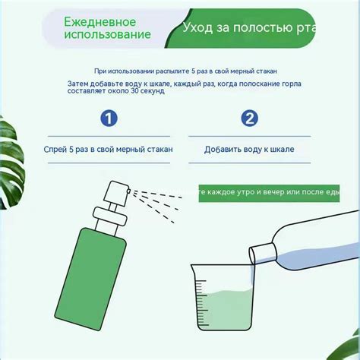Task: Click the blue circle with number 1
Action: (110, 118)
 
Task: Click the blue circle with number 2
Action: (250, 118)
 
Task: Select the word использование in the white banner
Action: (107, 35)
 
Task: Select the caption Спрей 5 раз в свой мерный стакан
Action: (109, 150)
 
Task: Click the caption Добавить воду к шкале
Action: (249, 150)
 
